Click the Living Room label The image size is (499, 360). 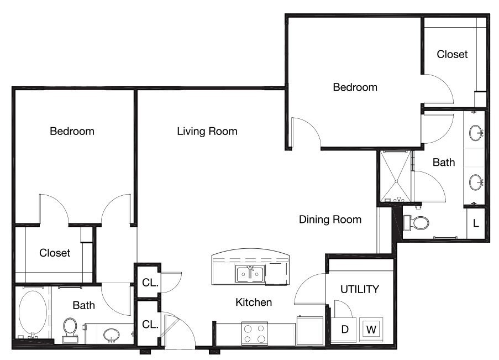(207, 131)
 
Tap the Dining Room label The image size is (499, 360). (330, 220)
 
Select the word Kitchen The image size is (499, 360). (254, 302)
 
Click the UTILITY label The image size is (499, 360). (360, 289)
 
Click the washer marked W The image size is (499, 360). (371, 330)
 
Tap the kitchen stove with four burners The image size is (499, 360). (254, 333)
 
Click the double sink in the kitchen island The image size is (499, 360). (250, 274)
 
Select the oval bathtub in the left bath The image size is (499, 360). (33, 312)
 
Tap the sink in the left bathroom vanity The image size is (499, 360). (112, 335)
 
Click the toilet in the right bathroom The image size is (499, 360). (416, 223)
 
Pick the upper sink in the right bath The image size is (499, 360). (476, 133)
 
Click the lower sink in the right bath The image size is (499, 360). (476, 182)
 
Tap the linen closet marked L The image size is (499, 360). (476, 223)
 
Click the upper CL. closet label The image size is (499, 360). (150, 283)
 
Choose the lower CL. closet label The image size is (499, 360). (150, 324)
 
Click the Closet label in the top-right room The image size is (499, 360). (452, 54)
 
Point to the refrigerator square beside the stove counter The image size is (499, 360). (310, 331)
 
